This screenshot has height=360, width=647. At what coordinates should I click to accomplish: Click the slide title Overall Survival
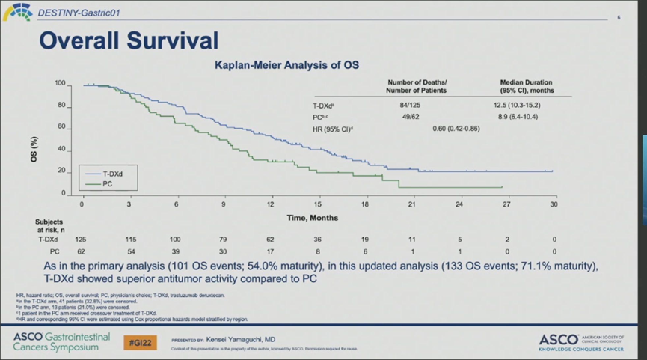pyautogui.click(x=128, y=41)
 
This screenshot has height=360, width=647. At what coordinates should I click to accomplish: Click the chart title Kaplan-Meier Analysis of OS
pyautogui.click(x=286, y=65)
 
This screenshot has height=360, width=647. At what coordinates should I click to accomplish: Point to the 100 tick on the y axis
pyautogui.click(x=60, y=83)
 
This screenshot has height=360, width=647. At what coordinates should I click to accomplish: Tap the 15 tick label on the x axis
pyautogui.click(x=318, y=204)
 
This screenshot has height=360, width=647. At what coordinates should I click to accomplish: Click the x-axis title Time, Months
pyautogui.click(x=312, y=218)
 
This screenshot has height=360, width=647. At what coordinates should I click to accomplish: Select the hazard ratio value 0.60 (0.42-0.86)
pyautogui.click(x=456, y=129)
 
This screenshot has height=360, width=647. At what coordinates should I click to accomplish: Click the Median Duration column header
pyautogui.click(x=527, y=85)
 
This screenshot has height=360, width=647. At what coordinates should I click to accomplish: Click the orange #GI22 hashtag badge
pyautogui.click(x=140, y=341)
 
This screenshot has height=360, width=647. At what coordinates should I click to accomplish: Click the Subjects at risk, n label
pyautogui.click(x=50, y=226)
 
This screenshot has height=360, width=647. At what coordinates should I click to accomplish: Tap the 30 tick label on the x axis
pyautogui.click(x=554, y=204)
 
